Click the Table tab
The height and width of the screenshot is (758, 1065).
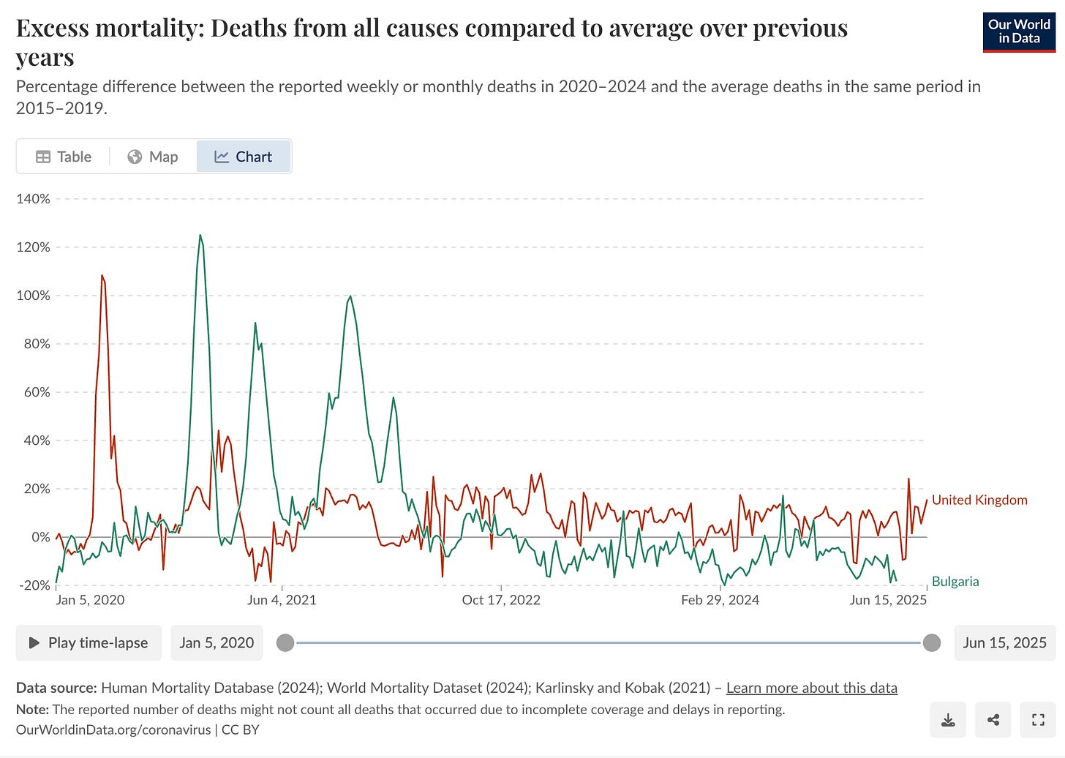tap(64, 157)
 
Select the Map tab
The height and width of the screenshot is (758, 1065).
tap(153, 157)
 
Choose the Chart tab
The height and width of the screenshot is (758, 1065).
tap(244, 157)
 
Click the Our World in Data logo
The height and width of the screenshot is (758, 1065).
tap(1019, 31)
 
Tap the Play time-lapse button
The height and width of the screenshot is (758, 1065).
tap(89, 642)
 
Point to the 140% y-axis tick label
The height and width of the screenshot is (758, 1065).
tap(33, 199)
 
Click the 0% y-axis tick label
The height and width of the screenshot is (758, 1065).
tap(41, 537)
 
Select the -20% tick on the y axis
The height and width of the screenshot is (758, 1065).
tap(33, 585)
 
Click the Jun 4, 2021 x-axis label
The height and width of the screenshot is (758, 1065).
tap(282, 600)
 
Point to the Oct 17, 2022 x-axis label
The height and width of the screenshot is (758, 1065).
tap(501, 600)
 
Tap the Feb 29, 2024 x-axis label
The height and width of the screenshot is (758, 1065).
tap(720, 600)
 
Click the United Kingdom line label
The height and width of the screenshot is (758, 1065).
tap(979, 500)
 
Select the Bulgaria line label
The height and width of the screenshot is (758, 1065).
tap(955, 582)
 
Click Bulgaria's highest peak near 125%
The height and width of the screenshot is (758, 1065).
tap(200, 236)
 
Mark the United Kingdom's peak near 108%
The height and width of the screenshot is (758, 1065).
tap(102, 276)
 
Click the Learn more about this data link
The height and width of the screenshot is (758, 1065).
tap(811, 688)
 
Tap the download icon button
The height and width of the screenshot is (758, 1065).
tap(948, 720)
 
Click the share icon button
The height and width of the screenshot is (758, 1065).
tap(993, 720)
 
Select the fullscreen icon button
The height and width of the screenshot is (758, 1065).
tap(1038, 720)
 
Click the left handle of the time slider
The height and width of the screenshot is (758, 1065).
tap(285, 642)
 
